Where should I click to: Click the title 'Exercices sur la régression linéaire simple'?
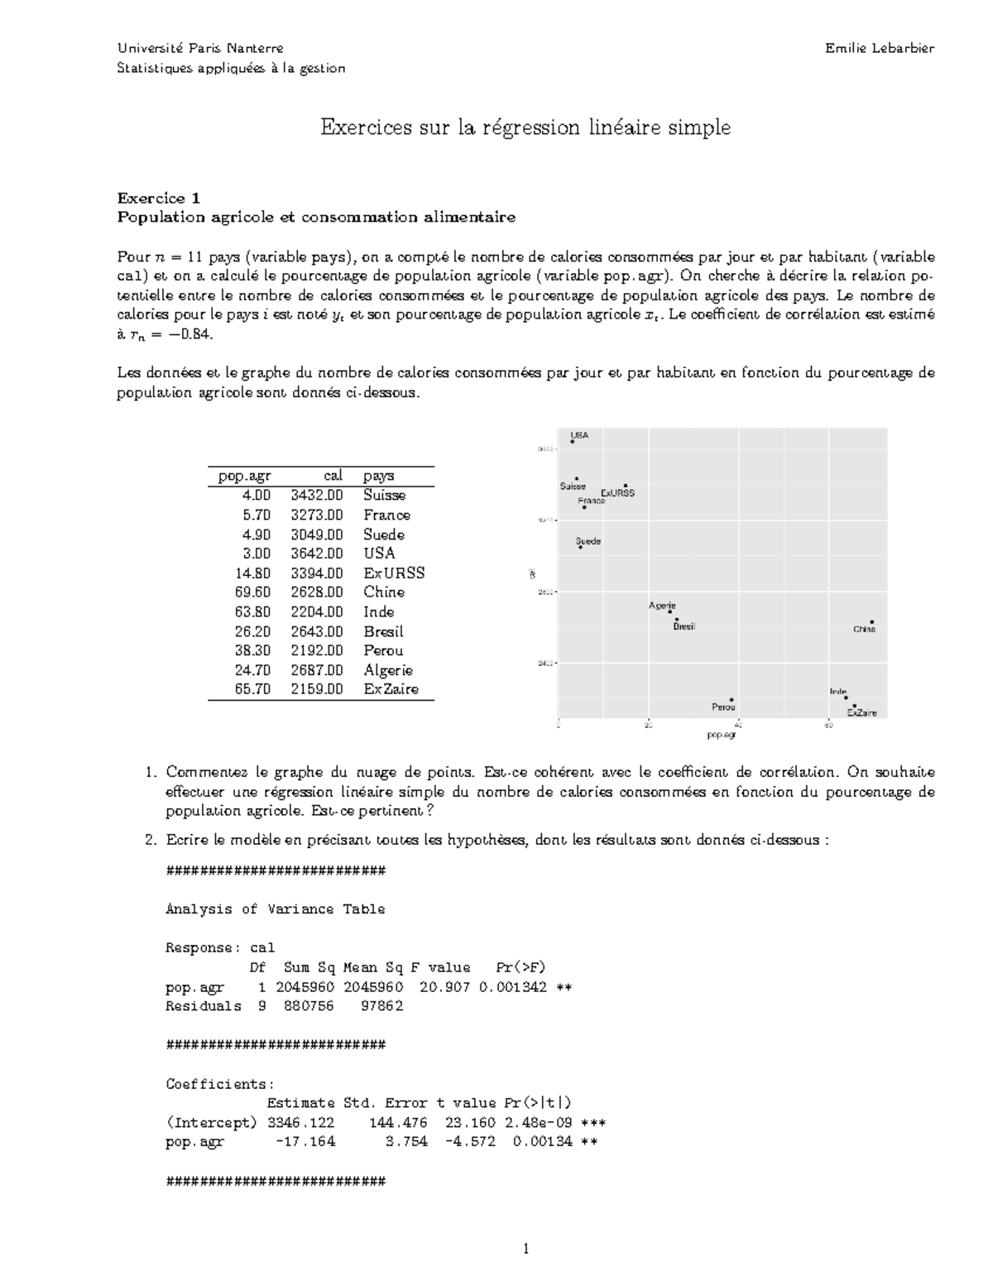(x=525, y=127)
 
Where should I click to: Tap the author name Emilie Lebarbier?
(x=880, y=48)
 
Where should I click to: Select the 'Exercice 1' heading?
(x=158, y=198)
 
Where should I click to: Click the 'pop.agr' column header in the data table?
(x=244, y=476)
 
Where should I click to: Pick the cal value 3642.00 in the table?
(x=316, y=554)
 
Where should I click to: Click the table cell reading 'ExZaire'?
(x=391, y=689)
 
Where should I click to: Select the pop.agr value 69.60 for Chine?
(x=252, y=592)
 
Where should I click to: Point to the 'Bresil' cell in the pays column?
(x=383, y=631)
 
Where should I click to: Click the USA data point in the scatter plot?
(x=573, y=442)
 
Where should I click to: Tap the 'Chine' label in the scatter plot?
(x=864, y=629)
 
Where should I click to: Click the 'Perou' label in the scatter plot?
(x=723, y=707)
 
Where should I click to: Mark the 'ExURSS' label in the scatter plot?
(x=617, y=493)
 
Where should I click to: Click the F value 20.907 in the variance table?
(x=445, y=987)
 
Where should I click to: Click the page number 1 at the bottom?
(x=525, y=1249)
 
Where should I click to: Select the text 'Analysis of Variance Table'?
(x=276, y=909)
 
